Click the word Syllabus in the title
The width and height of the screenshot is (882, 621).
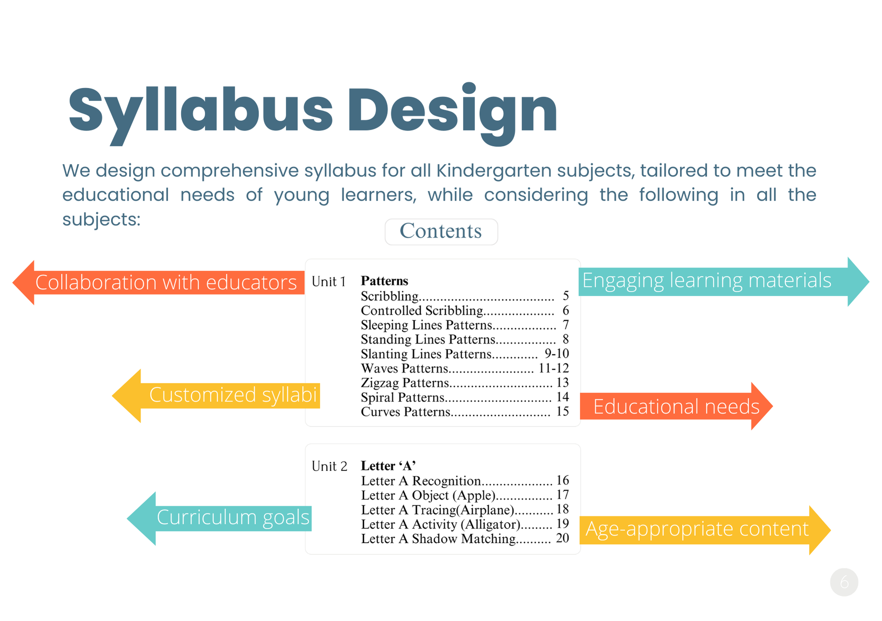[201, 110]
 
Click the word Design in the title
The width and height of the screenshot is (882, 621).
[452, 110]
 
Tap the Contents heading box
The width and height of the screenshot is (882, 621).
[441, 231]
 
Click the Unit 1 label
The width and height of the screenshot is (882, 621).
[329, 282]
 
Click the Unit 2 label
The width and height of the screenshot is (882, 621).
[329, 466]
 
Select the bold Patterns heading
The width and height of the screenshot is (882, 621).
[384, 281]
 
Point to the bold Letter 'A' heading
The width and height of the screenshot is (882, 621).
[388, 466]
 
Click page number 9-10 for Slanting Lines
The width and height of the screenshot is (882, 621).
[557, 353]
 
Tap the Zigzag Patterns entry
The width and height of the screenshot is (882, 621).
[404, 383]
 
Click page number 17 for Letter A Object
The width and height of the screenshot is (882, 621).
[562, 495]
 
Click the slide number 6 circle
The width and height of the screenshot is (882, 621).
[844, 582]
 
